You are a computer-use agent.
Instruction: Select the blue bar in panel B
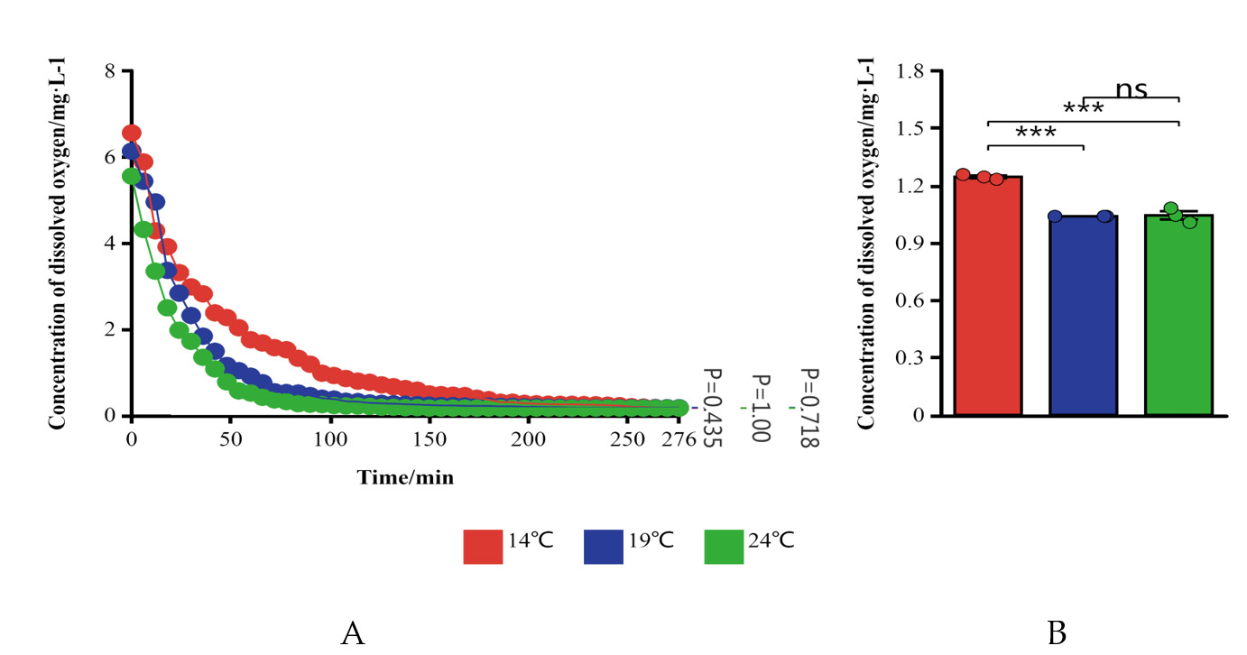1083,316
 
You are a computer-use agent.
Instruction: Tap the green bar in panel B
1178,316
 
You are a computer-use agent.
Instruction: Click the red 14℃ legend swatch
482,546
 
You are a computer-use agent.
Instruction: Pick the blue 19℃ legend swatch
604,546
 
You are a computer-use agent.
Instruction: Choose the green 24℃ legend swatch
723,546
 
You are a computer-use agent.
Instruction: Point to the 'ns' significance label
1131,88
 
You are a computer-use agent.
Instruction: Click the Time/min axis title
405,477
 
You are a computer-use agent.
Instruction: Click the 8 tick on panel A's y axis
111,70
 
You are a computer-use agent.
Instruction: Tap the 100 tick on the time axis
330,439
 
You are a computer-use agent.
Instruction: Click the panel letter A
353,633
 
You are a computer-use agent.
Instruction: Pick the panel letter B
1057,633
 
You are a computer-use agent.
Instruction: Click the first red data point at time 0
132,134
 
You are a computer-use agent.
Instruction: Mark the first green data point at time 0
132,176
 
